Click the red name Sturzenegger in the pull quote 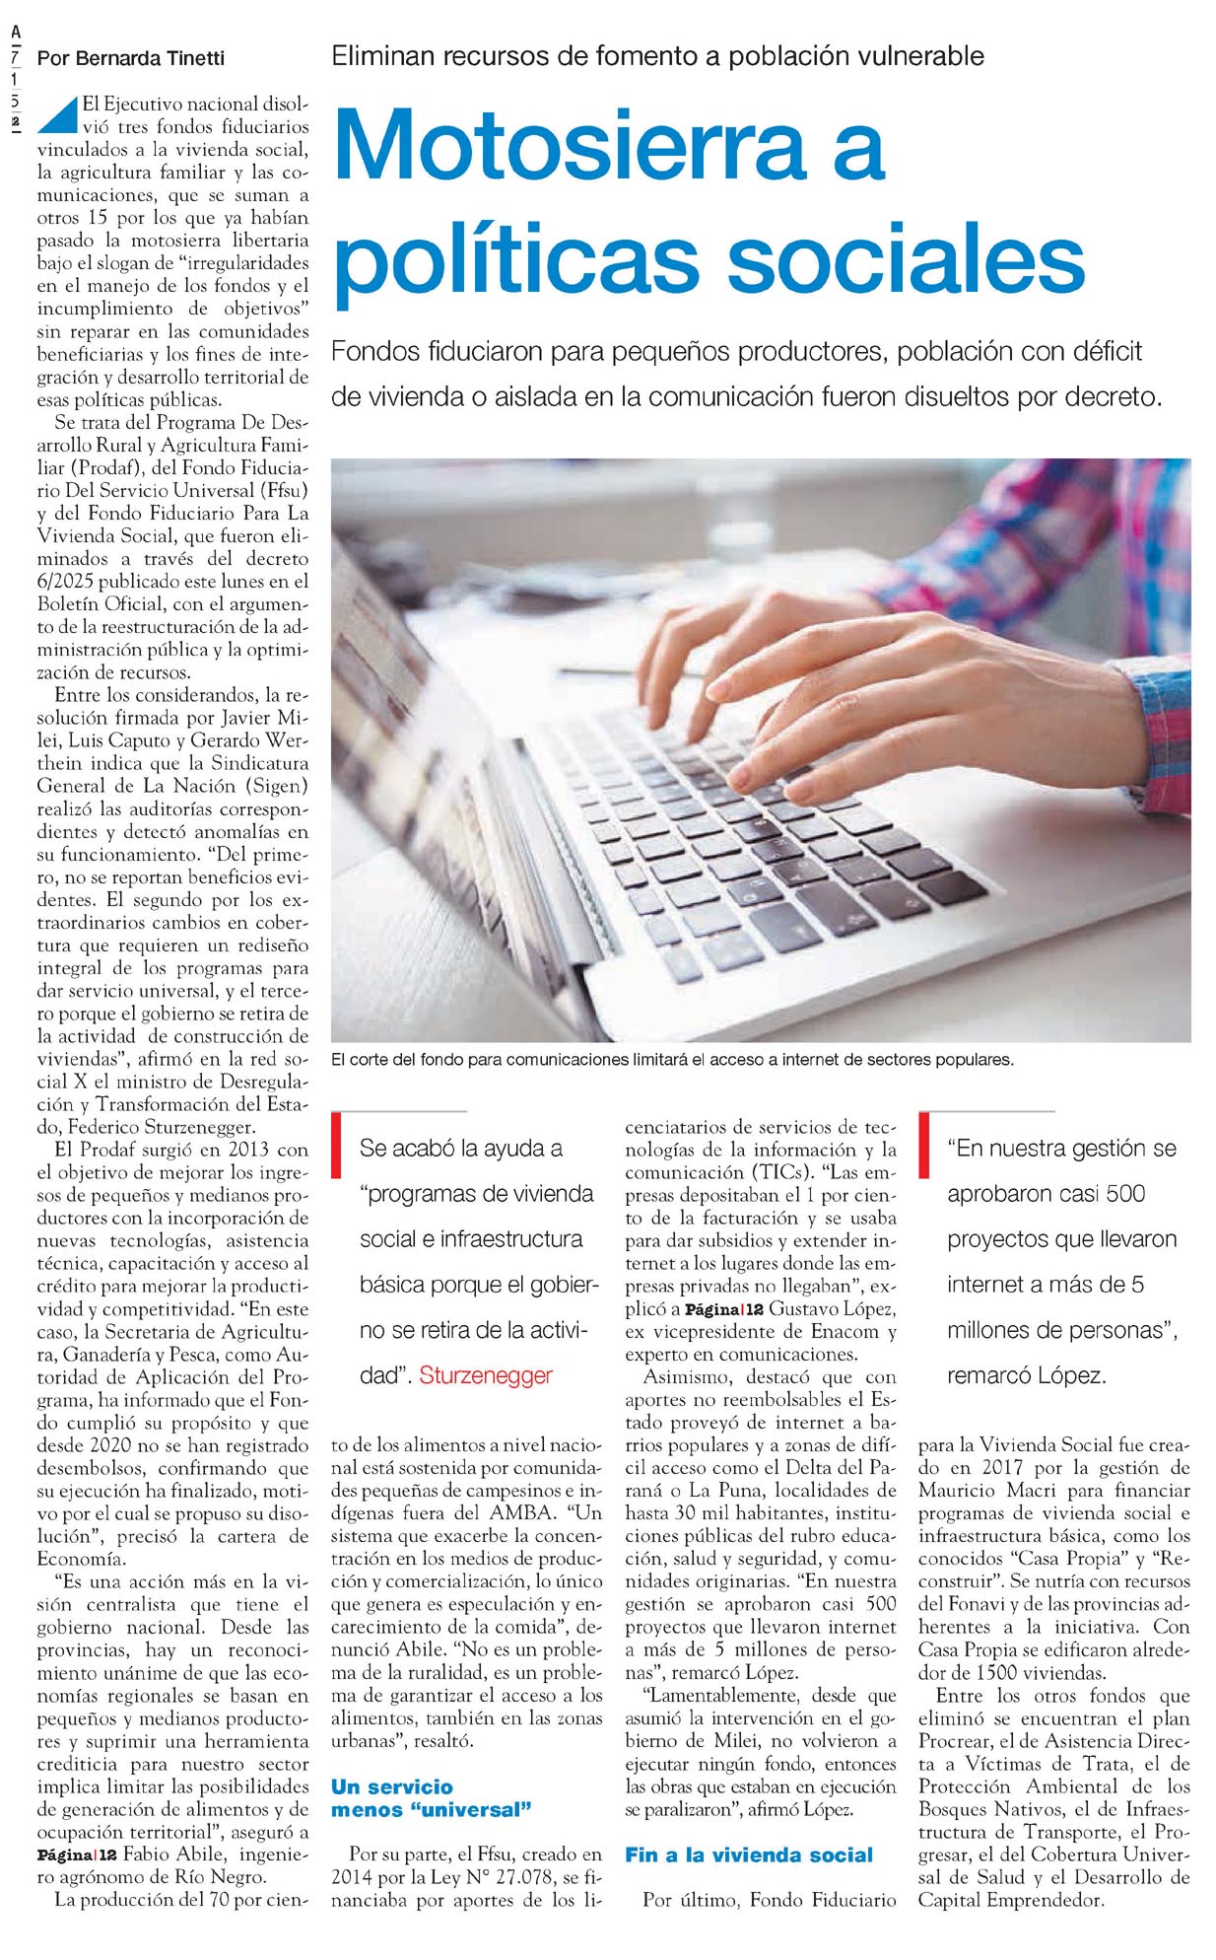click(486, 1375)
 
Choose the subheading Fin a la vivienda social click(748, 1855)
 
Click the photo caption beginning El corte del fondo click(672, 1060)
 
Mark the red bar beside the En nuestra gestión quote click(923, 1145)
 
